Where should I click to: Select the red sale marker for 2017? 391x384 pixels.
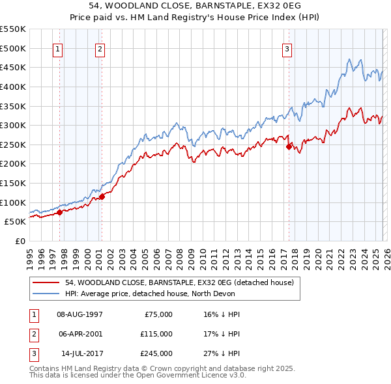point(289,146)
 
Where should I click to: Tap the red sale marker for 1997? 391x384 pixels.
point(59,212)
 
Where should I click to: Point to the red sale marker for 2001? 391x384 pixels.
point(102,197)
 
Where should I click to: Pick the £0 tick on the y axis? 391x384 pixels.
point(20,241)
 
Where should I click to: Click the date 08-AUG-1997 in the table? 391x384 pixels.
point(80,314)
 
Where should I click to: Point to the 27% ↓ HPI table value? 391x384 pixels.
point(222,353)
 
